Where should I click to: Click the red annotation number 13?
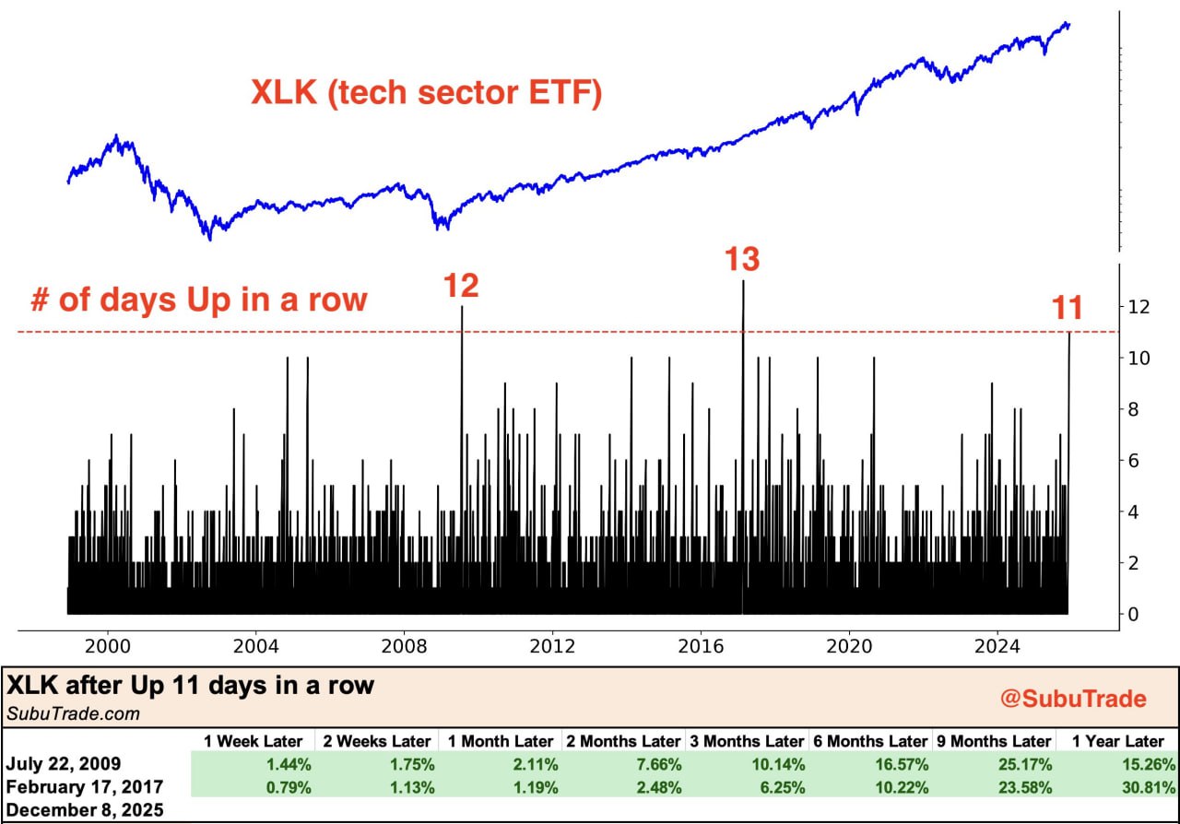[x=741, y=260]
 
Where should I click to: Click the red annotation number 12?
[x=461, y=287]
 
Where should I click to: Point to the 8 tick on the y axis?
[x=1135, y=409]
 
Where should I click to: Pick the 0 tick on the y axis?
[x=1135, y=614]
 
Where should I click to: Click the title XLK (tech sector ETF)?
[x=427, y=93]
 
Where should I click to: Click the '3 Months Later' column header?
[x=745, y=741]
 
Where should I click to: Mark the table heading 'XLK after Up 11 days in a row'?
[x=192, y=686]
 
